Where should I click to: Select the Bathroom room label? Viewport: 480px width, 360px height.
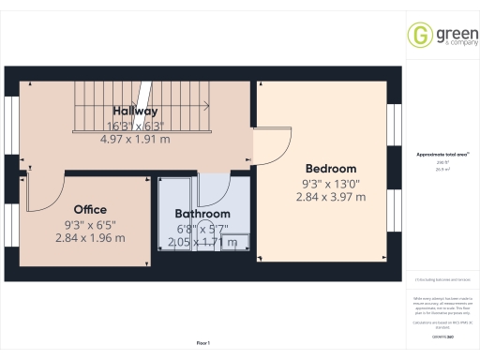(202, 214)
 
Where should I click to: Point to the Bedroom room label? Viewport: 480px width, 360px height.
(331, 169)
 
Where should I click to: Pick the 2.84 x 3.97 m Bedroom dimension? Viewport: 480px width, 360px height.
(331, 197)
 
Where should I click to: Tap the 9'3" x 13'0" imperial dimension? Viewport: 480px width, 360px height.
(331, 183)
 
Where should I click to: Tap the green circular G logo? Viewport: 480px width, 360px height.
(419, 36)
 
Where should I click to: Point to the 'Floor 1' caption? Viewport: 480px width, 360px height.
(202, 344)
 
